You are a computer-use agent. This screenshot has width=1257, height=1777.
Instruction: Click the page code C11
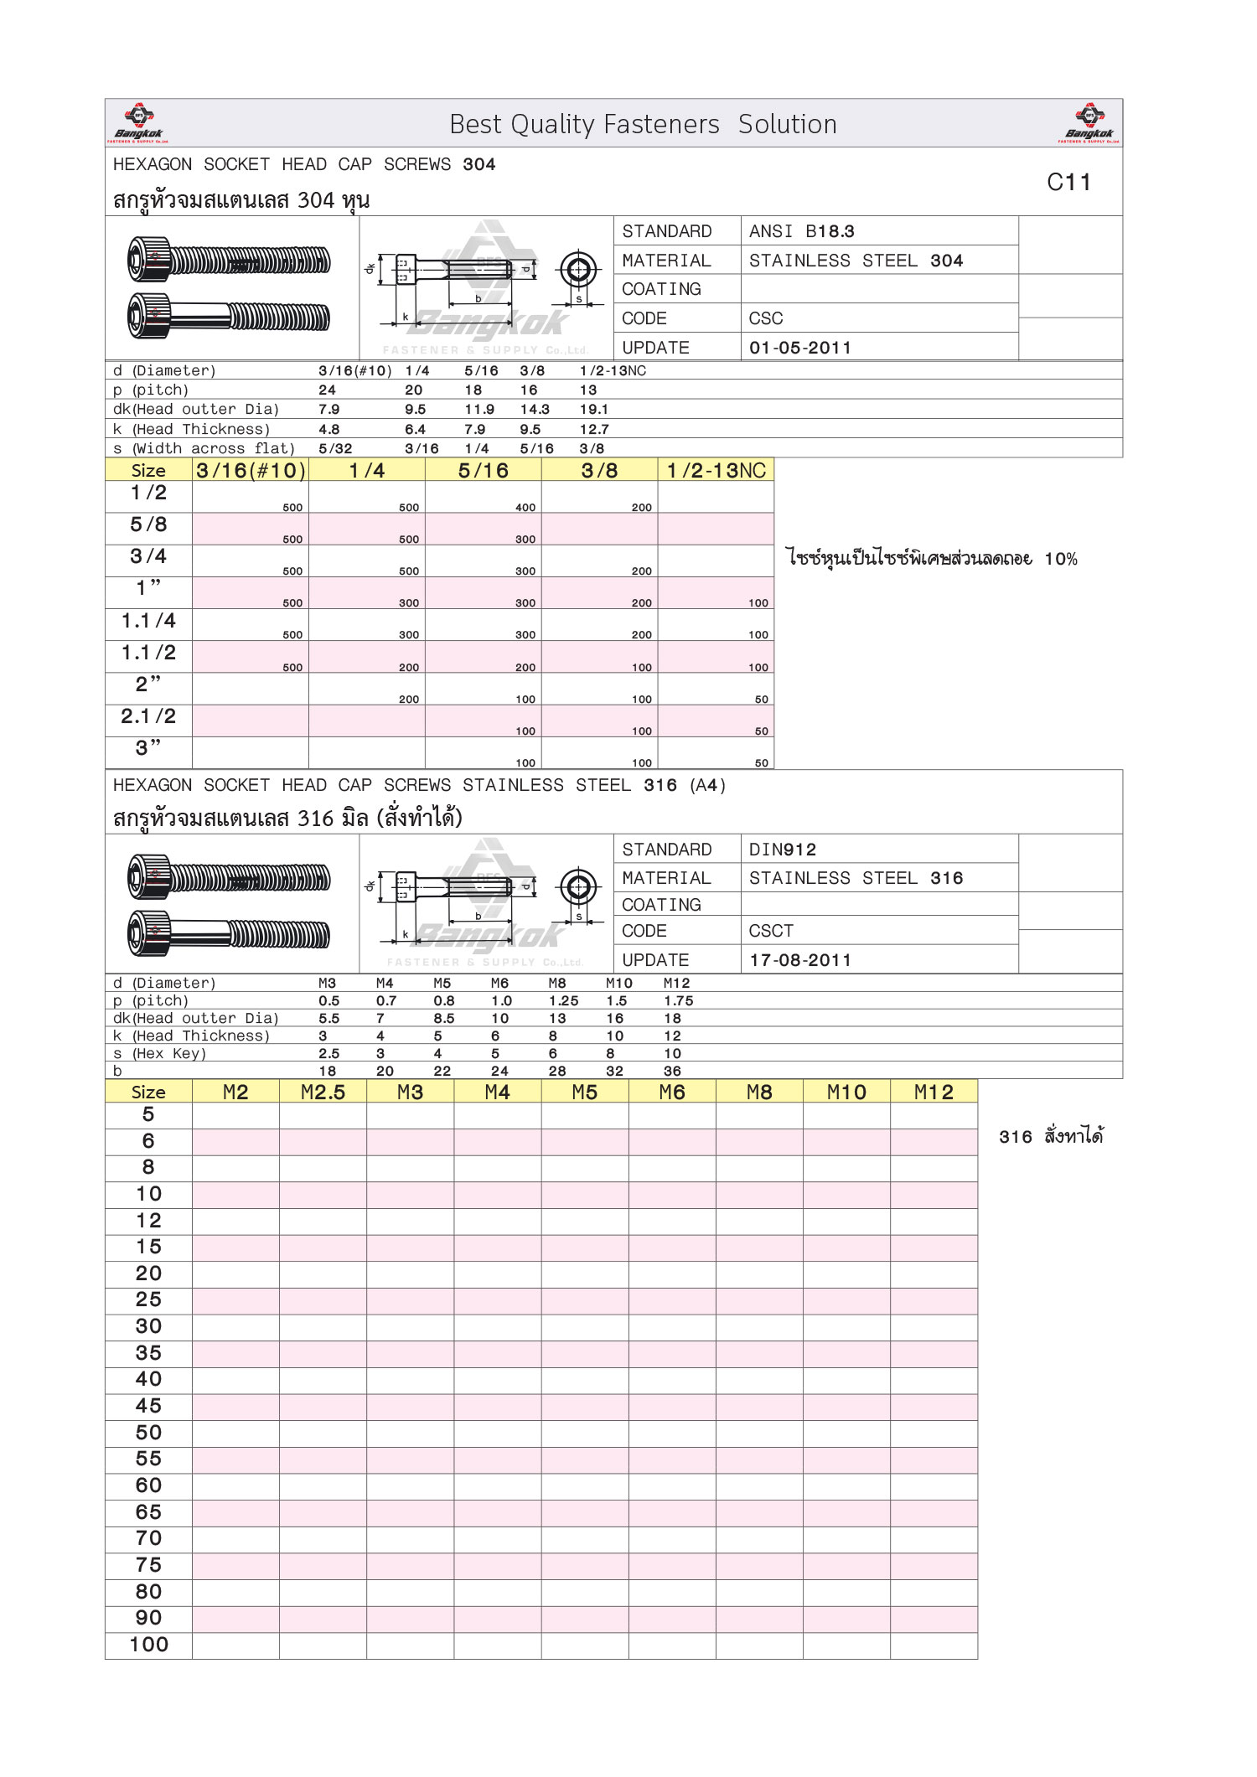click(x=1068, y=182)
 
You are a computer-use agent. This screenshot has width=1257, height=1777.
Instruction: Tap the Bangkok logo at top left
click(x=138, y=122)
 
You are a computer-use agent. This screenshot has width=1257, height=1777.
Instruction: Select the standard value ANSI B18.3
click(x=801, y=231)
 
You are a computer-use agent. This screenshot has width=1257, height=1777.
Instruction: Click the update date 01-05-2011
click(x=799, y=348)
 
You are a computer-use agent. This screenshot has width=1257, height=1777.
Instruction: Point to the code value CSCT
click(x=770, y=931)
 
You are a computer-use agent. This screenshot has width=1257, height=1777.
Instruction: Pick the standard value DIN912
click(x=782, y=850)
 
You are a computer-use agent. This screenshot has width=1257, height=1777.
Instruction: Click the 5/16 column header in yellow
click(x=484, y=470)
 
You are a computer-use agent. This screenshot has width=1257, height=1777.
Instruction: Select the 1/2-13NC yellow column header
click(x=716, y=470)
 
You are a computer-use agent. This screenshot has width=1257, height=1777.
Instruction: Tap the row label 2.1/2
click(x=148, y=716)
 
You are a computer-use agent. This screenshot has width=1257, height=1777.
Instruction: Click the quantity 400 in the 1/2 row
click(x=525, y=507)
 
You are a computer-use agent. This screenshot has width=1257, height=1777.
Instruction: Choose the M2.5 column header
click(x=323, y=1092)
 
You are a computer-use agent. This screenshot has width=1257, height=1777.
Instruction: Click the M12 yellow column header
click(x=934, y=1092)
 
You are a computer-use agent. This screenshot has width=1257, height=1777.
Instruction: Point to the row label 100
click(x=149, y=1645)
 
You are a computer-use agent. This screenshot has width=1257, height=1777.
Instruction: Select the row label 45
click(x=149, y=1406)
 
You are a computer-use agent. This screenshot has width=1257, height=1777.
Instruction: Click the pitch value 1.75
click(x=678, y=1000)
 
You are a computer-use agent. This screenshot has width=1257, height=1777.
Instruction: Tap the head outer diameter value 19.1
click(x=594, y=410)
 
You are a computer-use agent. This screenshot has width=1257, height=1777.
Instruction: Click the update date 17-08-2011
click(x=799, y=960)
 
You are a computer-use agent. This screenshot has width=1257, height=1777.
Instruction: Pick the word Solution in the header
click(x=787, y=124)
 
